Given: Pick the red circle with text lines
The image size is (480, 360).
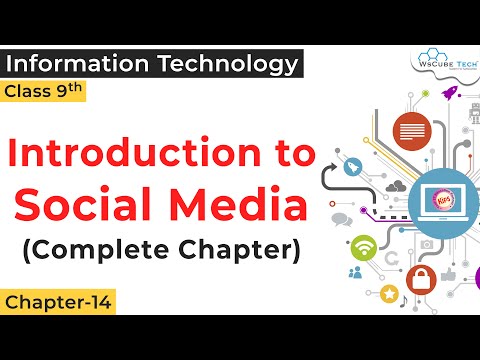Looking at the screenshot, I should [407, 130].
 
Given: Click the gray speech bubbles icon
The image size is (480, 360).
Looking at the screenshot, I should [314, 218].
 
